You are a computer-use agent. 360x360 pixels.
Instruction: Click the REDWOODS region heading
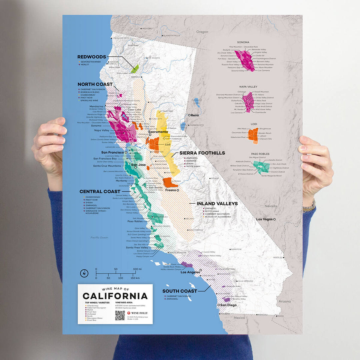coord(92,57)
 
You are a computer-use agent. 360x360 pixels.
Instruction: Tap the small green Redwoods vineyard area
coord(135,69)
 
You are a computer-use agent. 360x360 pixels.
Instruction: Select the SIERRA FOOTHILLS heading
coord(202,153)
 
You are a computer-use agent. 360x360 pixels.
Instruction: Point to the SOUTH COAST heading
coord(180,291)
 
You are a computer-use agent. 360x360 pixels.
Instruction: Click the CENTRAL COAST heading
coord(100,192)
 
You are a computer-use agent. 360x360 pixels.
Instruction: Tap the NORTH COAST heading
coord(95,84)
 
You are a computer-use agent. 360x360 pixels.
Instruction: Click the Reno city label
coord(194,115)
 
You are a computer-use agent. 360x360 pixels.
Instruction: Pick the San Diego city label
coord(228,305)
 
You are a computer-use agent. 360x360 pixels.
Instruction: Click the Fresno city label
coord(170,190)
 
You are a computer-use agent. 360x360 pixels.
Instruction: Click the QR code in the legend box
coord(120,315)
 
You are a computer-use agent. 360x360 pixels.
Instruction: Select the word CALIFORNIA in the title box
coord(115,296)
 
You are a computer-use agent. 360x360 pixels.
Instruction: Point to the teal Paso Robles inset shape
coord(261,167)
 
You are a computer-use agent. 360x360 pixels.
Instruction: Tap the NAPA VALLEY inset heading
coord(248,87)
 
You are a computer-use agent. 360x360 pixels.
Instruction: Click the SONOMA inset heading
coord(243,42)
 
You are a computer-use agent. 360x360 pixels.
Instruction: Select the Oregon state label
coord(202,32)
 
